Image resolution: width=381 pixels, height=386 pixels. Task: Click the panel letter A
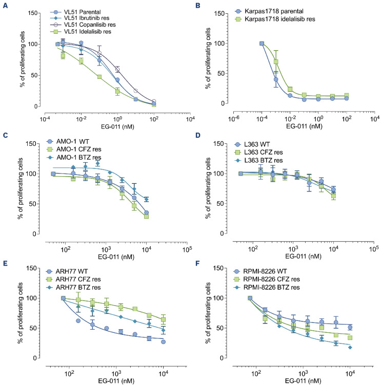click(x=5, y=6)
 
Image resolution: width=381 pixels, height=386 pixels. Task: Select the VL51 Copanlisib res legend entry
click(x=83, y=25)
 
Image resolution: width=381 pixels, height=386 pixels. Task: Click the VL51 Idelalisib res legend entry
click(x=81, y=32)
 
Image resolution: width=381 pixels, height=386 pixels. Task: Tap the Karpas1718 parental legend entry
click(x=269, y=11)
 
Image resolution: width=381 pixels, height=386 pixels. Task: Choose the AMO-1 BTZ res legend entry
click(x=74, y=157)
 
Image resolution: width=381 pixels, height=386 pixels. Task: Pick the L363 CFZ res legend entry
click(x=258, y=152)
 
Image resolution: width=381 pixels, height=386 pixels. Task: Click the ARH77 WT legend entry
click(x=67, y=271)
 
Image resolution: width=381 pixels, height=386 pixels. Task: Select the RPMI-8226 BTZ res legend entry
click(x=267, y=287)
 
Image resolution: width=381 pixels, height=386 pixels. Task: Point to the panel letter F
click(x=197, y=264)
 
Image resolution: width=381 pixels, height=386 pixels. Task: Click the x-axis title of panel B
click(x=304, y=126)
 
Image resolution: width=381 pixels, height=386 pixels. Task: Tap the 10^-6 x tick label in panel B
click(x=233, y=118)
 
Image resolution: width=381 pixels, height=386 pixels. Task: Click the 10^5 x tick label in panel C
click(x=187, y=249)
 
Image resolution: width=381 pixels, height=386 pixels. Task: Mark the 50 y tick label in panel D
click(x=220, y=204)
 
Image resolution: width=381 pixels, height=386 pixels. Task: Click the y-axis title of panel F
click(x=208, y=313)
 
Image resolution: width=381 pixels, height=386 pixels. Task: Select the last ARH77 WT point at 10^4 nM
click(x=163, y=341)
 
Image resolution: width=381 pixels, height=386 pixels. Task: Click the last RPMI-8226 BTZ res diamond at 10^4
click(x=350, y=348)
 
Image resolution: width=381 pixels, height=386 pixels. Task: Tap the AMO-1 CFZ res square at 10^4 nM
click(x=147, y=217)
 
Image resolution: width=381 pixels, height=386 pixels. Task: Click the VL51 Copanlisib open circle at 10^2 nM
click(x=154, y=101)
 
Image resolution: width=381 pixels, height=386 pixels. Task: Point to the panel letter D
click(x=197, y=135)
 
